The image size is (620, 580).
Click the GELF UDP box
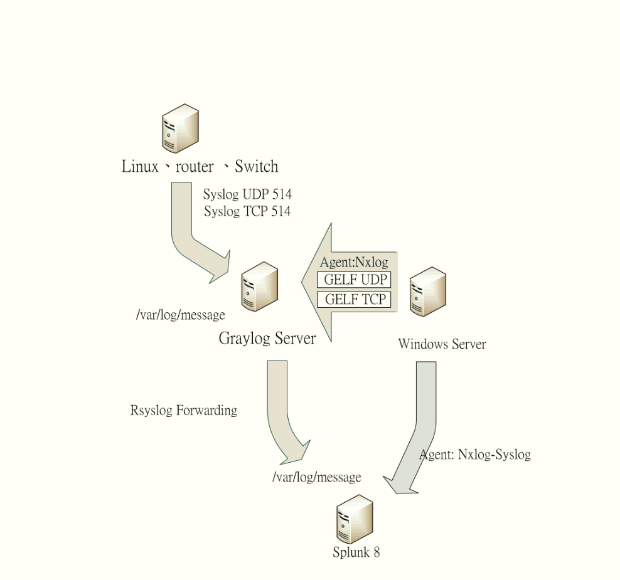(x=354, y=280)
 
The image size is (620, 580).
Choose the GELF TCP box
(x=354, y=299)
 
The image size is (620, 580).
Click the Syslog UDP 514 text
(x=247, y=195)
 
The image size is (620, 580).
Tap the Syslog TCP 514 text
(x=247, y=211)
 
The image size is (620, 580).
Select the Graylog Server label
(x=267, y=339)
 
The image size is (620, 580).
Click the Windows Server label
(x=442, y=344)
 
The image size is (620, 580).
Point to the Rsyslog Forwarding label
(x=183, y=411)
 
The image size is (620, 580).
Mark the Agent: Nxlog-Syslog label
(x=475, y=455)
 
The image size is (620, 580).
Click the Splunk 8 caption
(x=356, y=552)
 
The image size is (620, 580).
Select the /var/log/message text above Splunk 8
(x=316, y=477)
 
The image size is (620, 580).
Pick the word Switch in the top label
(x=256, y=167)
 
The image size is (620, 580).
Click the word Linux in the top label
(x=140, y=167)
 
